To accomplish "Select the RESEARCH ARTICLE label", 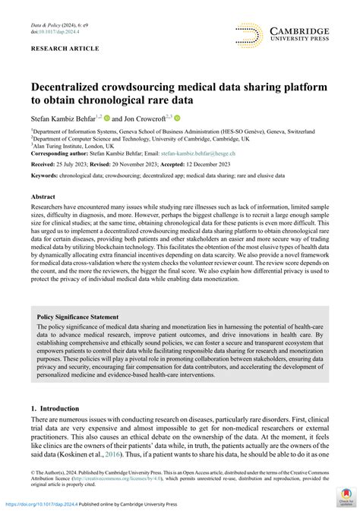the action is [x=65, y=49].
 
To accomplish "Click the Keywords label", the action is [x=46, y=175].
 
